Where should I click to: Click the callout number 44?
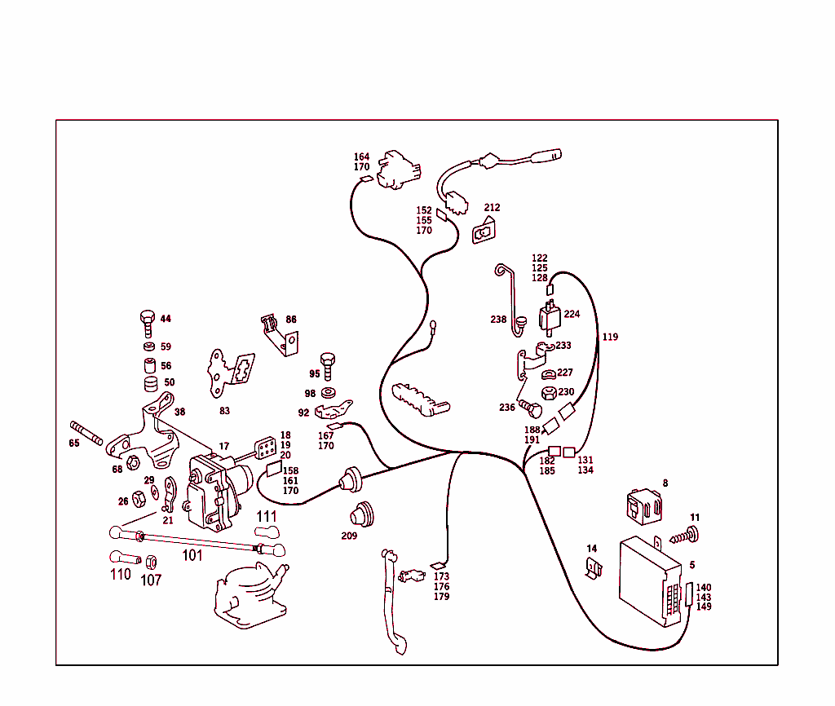click(x=166, y=319)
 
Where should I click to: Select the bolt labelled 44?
click(x=148, y=323)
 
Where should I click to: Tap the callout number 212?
click(x=492, y=207)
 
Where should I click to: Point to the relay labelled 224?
click(x=550, y=318)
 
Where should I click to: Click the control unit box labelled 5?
click(x=650, y=581)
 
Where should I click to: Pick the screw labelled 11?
click(x=685, y=536)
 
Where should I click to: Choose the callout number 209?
click(x=349, y=536)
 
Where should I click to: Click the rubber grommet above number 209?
click(x=362, y=514)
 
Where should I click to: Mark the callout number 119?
click(x=610, y=337)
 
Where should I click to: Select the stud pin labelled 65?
click(x=86, y=433)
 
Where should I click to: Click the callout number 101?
click(x=192, y=555)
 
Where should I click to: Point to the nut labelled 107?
click(x=151, y=562)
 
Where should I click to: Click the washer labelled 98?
click(x=329, y=394)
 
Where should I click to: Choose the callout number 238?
click(x=498, y=319)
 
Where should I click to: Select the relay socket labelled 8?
click(x=644, y=506)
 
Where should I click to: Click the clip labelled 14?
click(x=594, y=568)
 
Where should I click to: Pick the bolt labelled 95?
click(x=328, y=366)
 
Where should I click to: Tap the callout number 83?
click(x=225, y=411)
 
